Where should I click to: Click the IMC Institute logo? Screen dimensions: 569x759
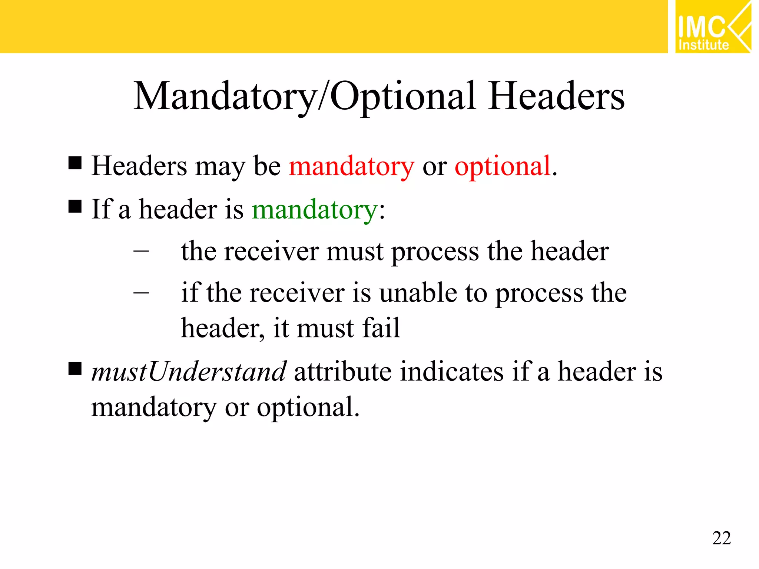tap(713, 27)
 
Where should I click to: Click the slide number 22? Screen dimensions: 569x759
tap(721, 538)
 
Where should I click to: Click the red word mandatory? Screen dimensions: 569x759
tap(351, 167)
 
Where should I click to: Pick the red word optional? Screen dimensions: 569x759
tap(503, 167)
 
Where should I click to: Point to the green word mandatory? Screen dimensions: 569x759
tap(315, 210)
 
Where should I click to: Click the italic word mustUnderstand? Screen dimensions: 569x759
tap(189, 371)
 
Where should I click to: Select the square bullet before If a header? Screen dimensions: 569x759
tap(75, 206)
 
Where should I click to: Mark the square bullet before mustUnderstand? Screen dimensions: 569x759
tap(75, 369)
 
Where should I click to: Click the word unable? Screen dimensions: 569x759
tap(418, 293)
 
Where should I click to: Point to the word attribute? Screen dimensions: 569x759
tap(342, 371)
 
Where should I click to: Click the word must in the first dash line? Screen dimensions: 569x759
tap(355, 252)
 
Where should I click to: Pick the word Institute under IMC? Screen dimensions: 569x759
tap(703, 45)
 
